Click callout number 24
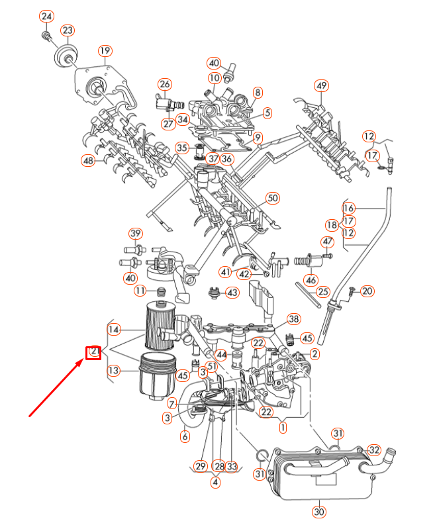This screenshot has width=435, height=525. pos(46,17)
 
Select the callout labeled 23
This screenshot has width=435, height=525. pos(68,30)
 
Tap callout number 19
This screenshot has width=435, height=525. pos(105,51)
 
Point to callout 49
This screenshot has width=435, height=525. pos(321,85)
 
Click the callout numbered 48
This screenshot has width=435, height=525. pos(88,160)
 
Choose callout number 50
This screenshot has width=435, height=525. pos(272,198)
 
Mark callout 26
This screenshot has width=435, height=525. pos(164,84)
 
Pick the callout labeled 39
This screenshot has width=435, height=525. pos(135,234)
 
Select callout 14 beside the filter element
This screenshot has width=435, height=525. pos(114,329)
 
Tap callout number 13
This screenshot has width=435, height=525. pos(114,370)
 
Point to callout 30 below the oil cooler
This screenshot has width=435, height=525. pos(320,510)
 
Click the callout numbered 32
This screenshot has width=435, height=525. pos(374,450)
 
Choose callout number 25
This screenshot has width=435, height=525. pos(322,291)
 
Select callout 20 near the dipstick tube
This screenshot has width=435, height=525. pos(367,291)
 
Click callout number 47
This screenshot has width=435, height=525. pos(328,240)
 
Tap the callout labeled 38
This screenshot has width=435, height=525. pos(294,318)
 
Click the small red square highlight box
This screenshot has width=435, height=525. pos(93,353)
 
